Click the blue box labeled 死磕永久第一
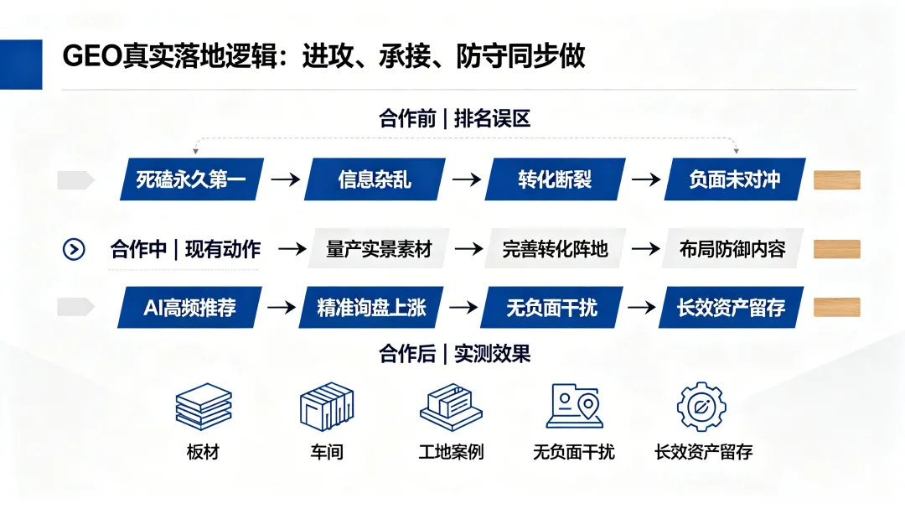coord(192,179)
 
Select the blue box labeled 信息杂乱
coord(375,179)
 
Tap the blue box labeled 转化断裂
coord(555,179)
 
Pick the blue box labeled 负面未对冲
coord(735,179)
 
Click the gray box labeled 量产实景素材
coord(379,248)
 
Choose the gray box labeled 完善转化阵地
coord(556,248)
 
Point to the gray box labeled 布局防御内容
coord(732,248)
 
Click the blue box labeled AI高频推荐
coord(190,308)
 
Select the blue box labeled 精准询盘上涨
coord(371,308)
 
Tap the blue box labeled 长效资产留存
coord(732,308)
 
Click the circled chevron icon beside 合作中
coord(74,250)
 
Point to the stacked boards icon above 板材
coord(203,406)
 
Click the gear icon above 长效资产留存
coord(701,407)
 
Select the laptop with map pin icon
coord(574,406)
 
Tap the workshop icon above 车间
coord(327,406)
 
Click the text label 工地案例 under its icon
coord(451,452)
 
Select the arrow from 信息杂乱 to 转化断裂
coord(467,179)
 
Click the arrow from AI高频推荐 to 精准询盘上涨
coord(281,308)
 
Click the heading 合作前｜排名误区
coord(454,118)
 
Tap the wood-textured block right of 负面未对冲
coord(837,180)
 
